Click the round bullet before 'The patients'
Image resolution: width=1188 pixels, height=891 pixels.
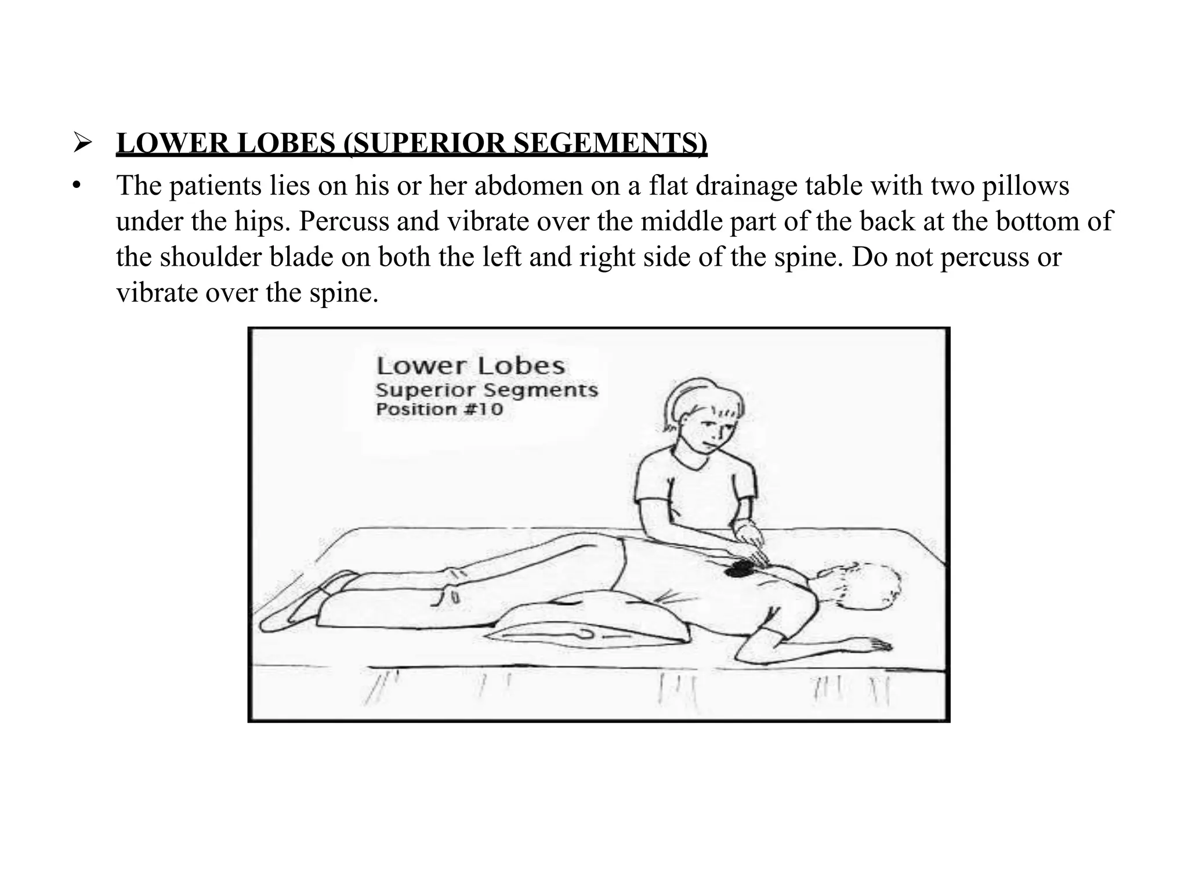[75, 187]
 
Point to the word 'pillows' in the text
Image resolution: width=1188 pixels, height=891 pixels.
[1025, 186]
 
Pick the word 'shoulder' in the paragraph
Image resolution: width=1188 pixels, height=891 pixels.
[211, 257]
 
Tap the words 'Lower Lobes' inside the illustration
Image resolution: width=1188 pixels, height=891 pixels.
[470, 366]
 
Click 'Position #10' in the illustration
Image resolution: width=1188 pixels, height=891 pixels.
[439, 410]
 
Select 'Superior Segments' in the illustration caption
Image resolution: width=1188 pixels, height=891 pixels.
[487, 389]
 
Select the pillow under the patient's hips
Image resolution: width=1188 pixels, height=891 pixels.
[586, 626]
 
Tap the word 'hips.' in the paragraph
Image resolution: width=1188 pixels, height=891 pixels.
[263, 222]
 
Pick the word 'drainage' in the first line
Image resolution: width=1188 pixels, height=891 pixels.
[746, 186]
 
